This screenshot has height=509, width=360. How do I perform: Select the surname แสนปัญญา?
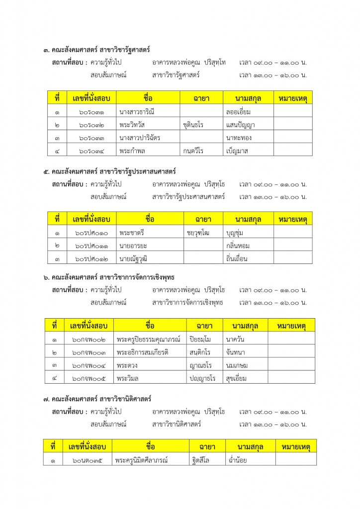(x=241, y=124)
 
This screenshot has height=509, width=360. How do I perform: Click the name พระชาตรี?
(x=132, y=232)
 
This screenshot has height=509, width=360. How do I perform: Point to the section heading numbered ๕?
(x=109, y=171)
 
